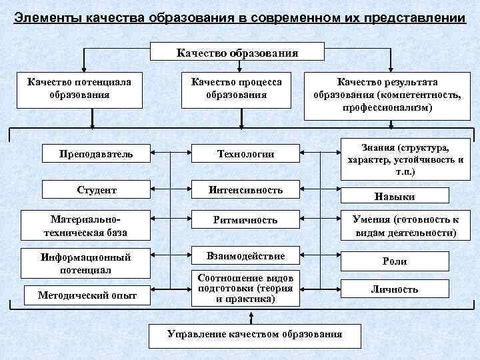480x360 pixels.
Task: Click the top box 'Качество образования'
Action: [238, 53]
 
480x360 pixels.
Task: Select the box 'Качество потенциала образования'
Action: [79, 89]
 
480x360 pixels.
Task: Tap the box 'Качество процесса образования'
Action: [237, 89]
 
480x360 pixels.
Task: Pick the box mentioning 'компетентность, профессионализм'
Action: [387, 95]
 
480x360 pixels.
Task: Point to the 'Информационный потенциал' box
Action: [85, 263]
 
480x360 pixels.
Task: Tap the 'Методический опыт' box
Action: [87, 295]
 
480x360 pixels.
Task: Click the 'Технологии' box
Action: [245, 154]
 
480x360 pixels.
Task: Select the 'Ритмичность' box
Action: [245, 219]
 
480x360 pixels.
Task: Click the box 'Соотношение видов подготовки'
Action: [245, 288]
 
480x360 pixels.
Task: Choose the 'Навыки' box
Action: [395, 197]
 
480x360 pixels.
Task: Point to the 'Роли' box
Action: [395, 261]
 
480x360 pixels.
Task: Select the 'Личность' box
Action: [395, 289]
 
